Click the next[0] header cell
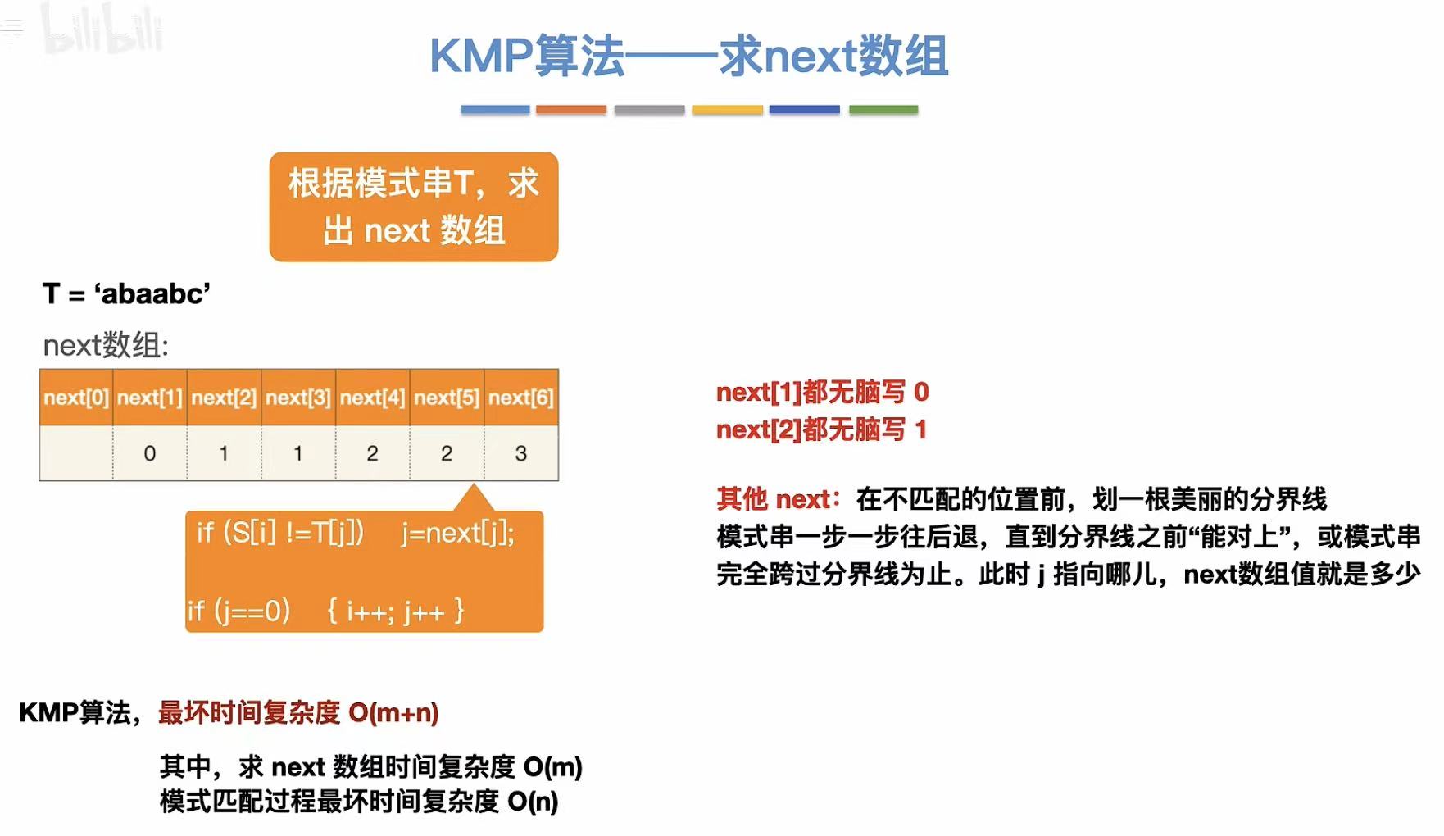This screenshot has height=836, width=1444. tap(76, 398)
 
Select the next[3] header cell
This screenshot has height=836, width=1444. tap(298, 398)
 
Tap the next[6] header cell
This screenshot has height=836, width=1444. tap(521, 398)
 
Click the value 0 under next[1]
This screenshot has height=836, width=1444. tap(150, 453)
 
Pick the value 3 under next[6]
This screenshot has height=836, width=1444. tap(521, 453)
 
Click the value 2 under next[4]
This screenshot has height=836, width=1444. tap(372, 453)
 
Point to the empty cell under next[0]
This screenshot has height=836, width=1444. tap(76, 453)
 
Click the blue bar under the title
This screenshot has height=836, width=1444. tap(495, 109)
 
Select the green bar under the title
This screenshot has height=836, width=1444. tap(883, 109)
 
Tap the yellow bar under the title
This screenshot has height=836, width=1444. tap(728, 109)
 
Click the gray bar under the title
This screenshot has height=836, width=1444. tap(649, 109)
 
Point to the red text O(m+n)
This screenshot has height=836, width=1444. tap(393, 713)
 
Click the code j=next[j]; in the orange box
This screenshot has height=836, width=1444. tap(458, 534)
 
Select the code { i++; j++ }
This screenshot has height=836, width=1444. tap(396, 611)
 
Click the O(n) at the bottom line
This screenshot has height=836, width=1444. tap(533, 802)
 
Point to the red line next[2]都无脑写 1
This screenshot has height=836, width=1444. tap(821, 429)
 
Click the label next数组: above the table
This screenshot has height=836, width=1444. tap(106, 345)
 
